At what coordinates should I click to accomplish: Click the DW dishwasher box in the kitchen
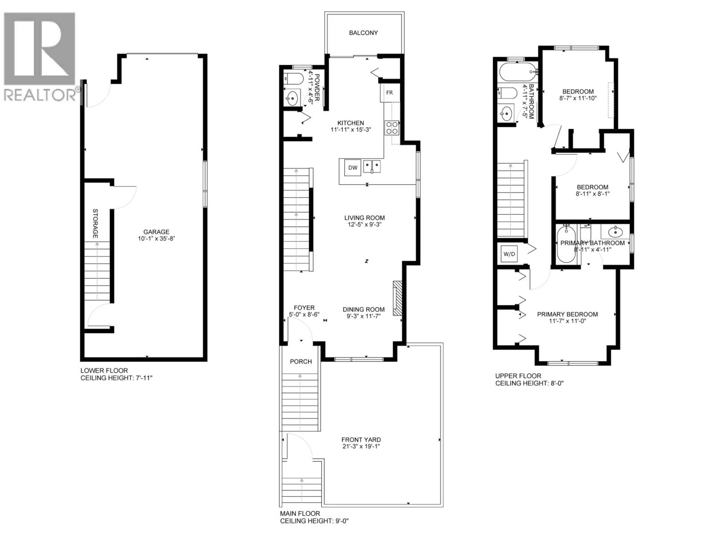[353, 168]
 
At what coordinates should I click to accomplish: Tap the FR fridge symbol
[389, 93]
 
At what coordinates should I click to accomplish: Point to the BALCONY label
[363, 33]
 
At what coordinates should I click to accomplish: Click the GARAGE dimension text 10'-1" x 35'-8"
[156, 239]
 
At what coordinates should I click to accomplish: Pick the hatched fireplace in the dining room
[398, 299]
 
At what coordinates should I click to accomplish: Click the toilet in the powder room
[293, 79]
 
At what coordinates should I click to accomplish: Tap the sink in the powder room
[292, 98]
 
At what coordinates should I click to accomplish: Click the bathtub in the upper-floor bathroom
[517, 72]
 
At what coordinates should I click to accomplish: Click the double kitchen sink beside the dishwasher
[372, 166]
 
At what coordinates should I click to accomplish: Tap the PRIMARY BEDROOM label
[567, 314]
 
